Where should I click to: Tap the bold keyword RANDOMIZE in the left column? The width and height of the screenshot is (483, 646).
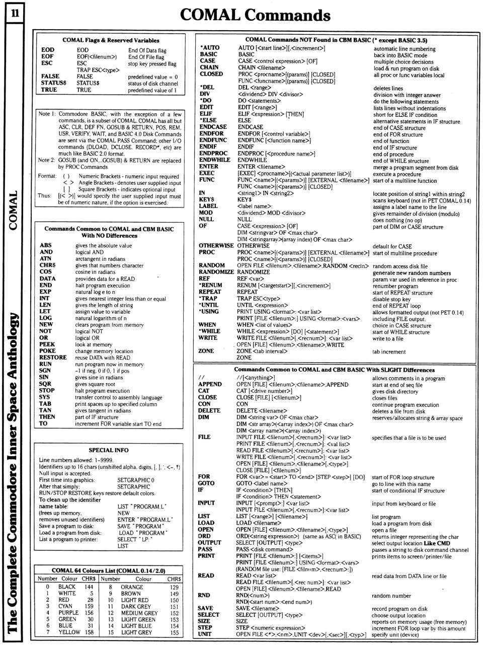pos(216,272)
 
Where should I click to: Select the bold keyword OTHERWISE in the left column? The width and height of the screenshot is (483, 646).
pos(216,246)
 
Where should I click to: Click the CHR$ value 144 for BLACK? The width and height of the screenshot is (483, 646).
pos(89,587)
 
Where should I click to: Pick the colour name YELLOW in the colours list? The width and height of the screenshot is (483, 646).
pos(69,632)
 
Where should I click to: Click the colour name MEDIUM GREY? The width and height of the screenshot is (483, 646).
pos(139,613)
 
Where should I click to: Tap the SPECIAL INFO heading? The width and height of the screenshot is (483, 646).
pos(108,450)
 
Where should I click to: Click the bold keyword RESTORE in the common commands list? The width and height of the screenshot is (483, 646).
pos(53,357)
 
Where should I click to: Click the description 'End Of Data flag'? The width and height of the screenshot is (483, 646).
pos(147,50)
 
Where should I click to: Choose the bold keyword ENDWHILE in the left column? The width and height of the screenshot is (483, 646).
pos(215,160)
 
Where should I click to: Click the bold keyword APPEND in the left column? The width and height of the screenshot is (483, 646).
pos(210,384)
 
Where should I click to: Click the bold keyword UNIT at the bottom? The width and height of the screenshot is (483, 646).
pos(205,634)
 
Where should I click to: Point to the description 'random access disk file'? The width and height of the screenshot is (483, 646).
pos(400,266)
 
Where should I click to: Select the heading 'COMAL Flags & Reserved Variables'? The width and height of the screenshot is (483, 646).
pos(111,40)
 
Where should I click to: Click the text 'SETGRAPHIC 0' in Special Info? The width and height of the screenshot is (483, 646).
pos(136,480)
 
